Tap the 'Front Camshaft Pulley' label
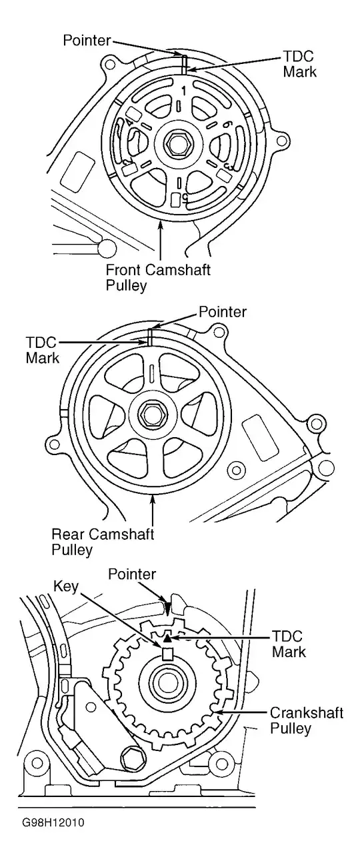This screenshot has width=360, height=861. tap(158, 277)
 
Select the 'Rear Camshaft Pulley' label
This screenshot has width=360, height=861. tap(103, 542)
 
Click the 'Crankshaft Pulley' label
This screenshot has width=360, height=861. tap(307, 720)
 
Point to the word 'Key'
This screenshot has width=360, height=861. tap(66, 586)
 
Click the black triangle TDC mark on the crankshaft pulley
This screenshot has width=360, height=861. tap(167, 638)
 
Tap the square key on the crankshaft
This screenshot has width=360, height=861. tap(169, 654)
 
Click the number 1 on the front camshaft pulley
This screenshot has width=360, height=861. tap(184, 91)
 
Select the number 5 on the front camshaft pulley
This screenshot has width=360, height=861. tap(185, 197)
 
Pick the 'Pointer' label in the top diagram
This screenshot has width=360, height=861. tap(87, 41)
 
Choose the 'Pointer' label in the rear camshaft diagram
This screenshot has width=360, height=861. tap(223, 312)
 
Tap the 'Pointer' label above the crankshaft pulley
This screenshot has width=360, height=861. tap(132, 574)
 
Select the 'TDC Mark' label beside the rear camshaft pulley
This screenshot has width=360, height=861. tap(42, 350)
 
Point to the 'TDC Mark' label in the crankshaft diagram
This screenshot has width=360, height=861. tap(289, 644)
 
